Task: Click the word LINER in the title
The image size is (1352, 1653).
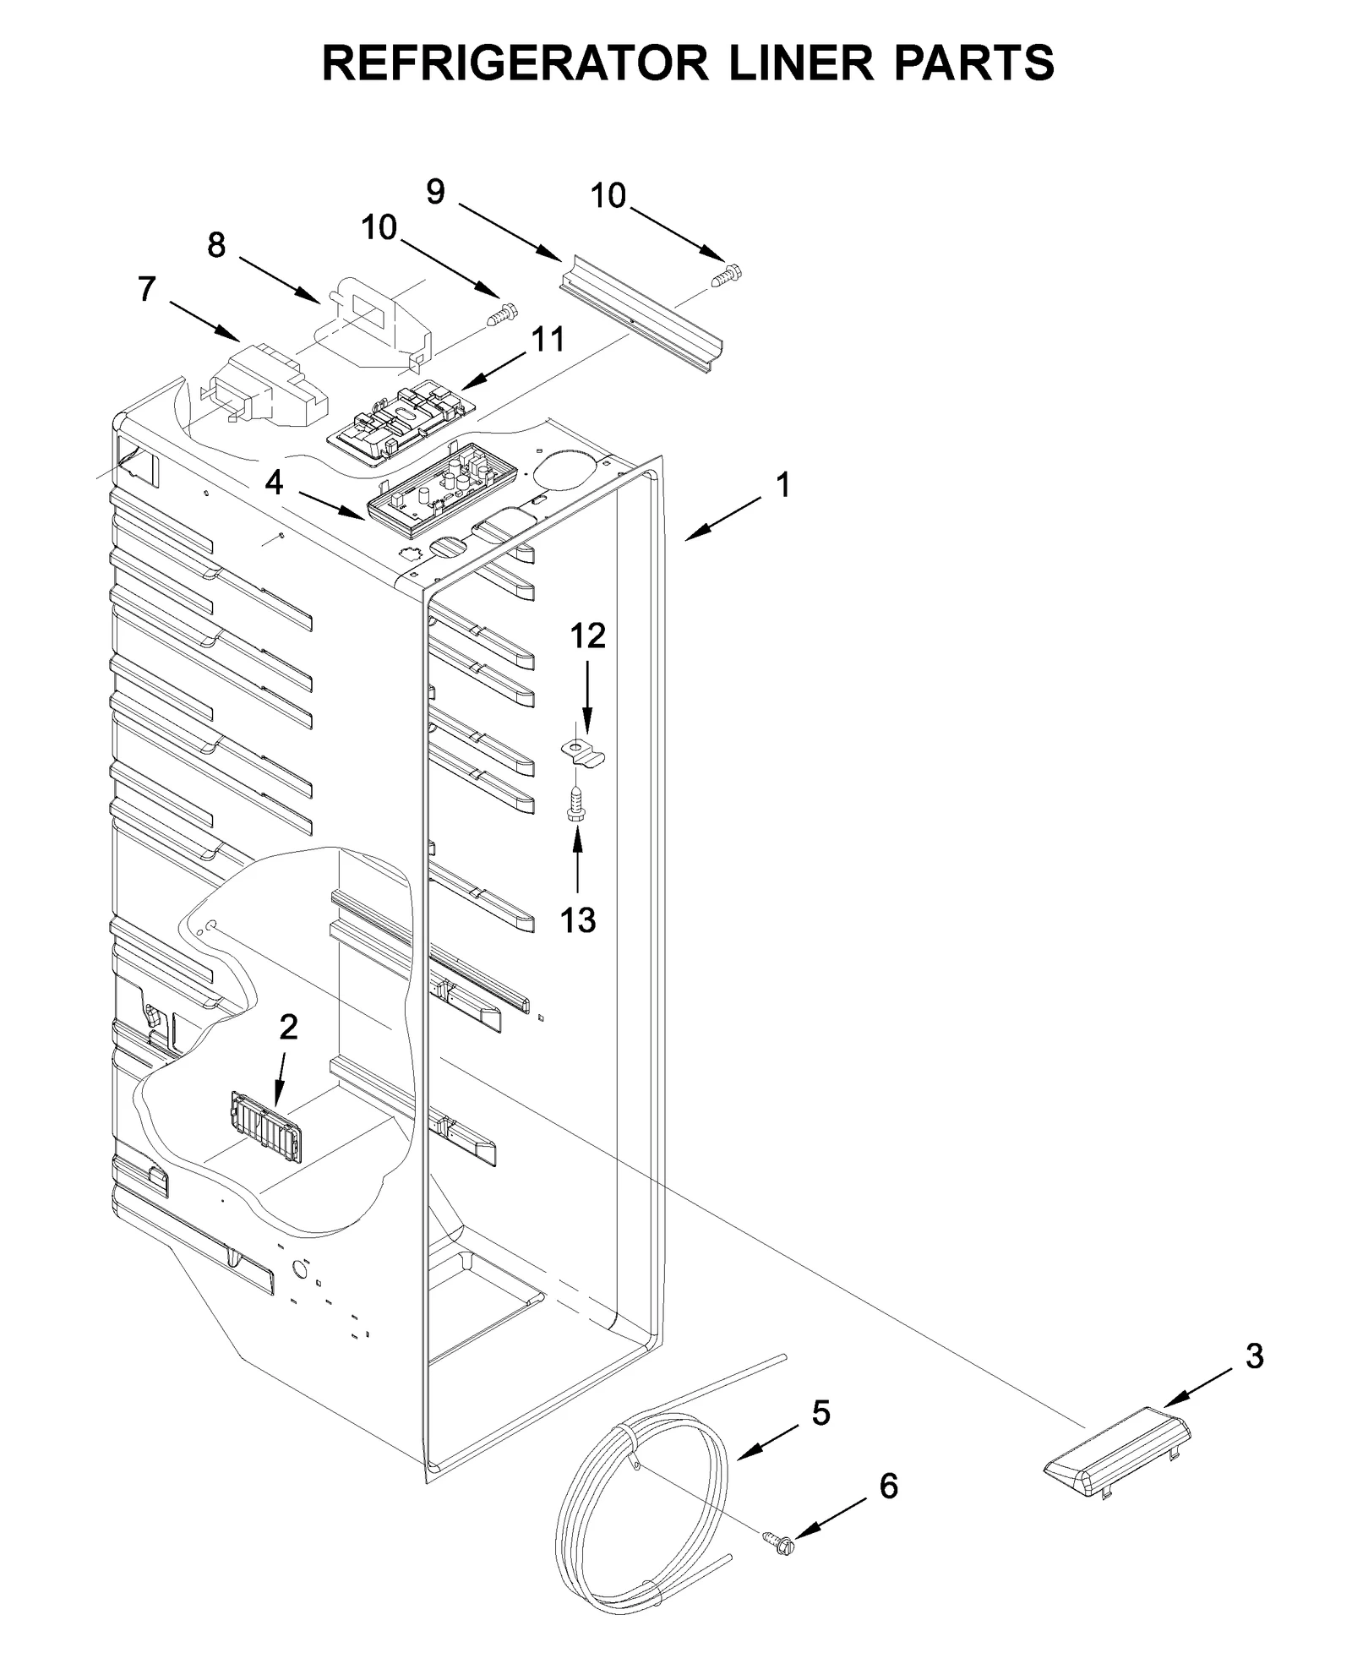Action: tap(799, 63)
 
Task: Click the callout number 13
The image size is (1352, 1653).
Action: tap(578, 920)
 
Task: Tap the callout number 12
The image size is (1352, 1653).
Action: tap(588, 636)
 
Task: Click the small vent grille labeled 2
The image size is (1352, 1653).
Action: tap(266, 1127)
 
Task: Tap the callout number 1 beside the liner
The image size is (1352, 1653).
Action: tap(783, 485)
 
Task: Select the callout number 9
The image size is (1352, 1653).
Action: tap(435, 193)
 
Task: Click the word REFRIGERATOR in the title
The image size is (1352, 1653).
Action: tap(515, 63)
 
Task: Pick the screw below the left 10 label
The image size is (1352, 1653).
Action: tap(503, 315)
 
